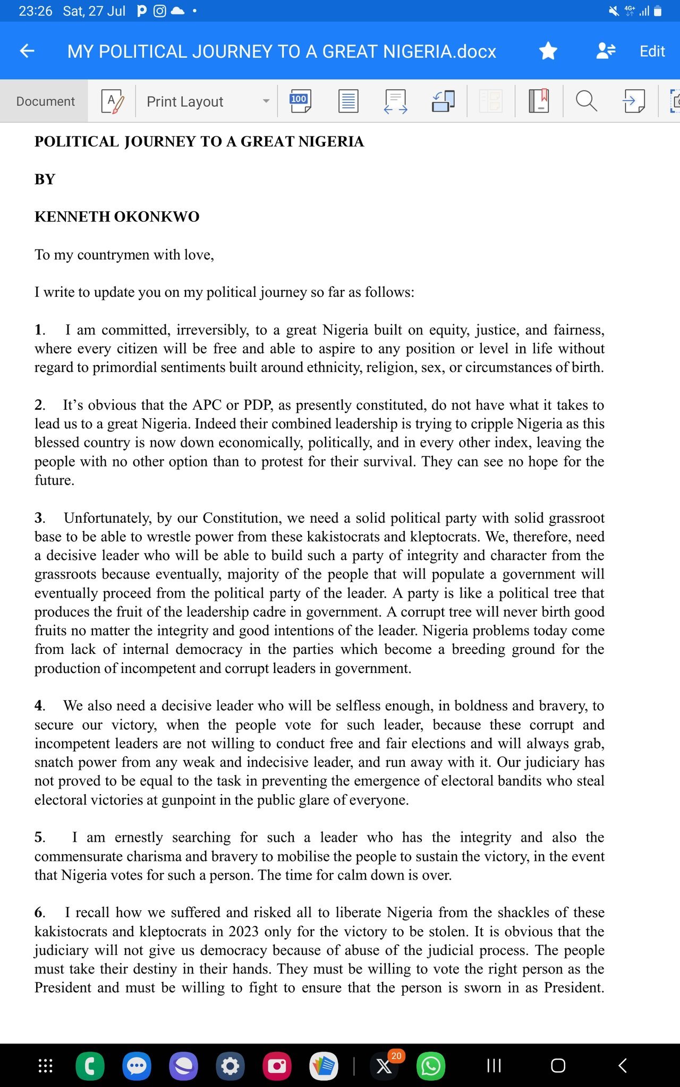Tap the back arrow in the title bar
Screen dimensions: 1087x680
[x=27, y=51]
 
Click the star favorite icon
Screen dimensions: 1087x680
[x=548, y=51]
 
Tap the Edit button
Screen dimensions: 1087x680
[x=652, y=51]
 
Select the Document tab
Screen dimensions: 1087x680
[x=45, y=101]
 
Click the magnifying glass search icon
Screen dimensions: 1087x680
[x=586, y=101]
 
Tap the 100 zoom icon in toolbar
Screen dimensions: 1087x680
[x=300, y=101]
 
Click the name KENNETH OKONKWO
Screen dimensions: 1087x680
[x=117, y=217]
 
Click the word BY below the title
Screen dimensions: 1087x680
[x=45, y=179]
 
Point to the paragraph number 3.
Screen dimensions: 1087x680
[x=39, y=518]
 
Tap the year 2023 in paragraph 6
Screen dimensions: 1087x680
[x=243, y=931]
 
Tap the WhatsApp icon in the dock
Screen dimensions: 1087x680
[x=430, y=1066]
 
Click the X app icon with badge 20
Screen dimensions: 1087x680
[x=384, y=1066]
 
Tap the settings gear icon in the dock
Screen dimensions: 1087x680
[x=230, y=1066]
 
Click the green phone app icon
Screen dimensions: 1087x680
[x=90, y=1066]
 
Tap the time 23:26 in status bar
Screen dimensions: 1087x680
[x=35, y=11]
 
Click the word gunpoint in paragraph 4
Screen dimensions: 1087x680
[x=192, y=800]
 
